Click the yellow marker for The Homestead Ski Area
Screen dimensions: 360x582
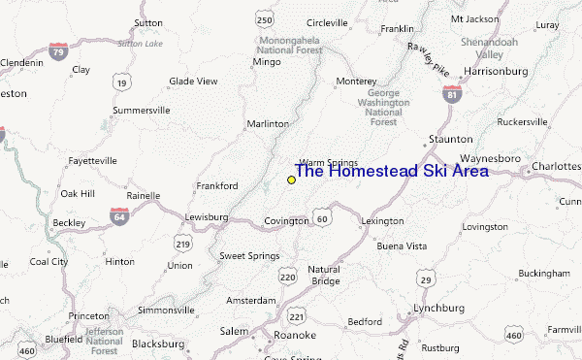pos(291,180)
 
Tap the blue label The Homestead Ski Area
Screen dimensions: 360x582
pos(391,172)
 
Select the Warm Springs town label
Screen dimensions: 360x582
pos(329,163)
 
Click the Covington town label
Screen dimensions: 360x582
pos(286,221)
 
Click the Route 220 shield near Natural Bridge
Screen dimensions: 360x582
pos(287,278)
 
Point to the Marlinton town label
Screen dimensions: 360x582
pos(268,124)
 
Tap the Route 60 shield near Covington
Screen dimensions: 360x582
pos(322,219)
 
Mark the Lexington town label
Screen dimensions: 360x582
pos(382,221)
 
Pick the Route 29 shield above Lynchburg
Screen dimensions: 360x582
pos(425,279)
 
